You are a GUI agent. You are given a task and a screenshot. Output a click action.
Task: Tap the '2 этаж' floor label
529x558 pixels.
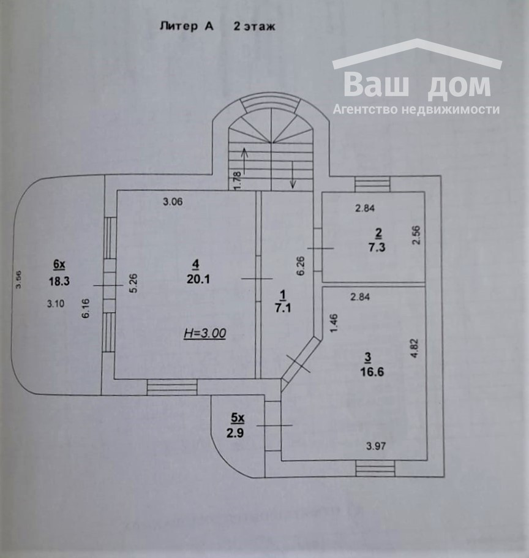pyautogui.click(x=255, y=26)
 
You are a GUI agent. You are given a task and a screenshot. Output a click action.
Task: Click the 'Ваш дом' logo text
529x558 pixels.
pyautogui.click(x=416, y=85)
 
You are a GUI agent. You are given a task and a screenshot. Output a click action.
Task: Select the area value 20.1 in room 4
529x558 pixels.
pyautogui.click(x=195, y=279)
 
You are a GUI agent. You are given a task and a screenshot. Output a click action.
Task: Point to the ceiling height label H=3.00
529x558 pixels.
pyautogui.click(x=205, y=333)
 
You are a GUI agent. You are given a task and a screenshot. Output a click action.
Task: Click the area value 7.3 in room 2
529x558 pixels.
pyautogui.click(x=378, y=246)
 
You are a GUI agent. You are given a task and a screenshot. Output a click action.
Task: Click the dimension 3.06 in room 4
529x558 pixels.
pyautogui.click(x=173, y=201)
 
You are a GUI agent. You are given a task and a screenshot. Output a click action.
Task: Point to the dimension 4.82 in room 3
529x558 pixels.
pyautogui.click(x=415, y=348)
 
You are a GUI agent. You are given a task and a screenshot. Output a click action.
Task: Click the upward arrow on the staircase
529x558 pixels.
pyautogui.click(x=244, y=160)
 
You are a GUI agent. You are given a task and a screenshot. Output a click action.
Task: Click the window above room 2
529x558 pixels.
pyautogui.click(x=372, y=184)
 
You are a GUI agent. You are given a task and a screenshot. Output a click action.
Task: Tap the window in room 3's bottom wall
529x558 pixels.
pyautogui.click(x=376, y=469)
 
